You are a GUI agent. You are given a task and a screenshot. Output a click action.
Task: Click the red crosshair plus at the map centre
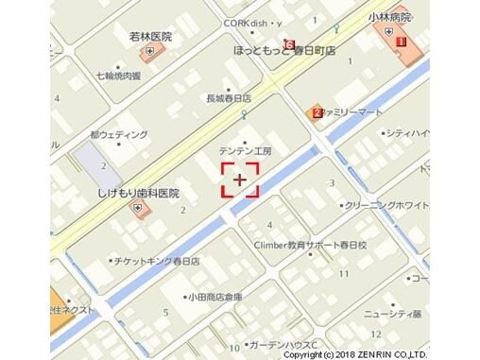(x=240, y=179)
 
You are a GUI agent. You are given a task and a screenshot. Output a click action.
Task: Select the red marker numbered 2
(x=317, y=113)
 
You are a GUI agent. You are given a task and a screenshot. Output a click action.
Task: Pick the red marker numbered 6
(x=287, y=43)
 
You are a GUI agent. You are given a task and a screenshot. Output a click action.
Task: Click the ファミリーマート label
(x=353, y=111)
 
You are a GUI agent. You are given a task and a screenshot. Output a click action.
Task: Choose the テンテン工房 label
(x=245, y=150)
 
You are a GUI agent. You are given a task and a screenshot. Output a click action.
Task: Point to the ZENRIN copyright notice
(x=381, y=354)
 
